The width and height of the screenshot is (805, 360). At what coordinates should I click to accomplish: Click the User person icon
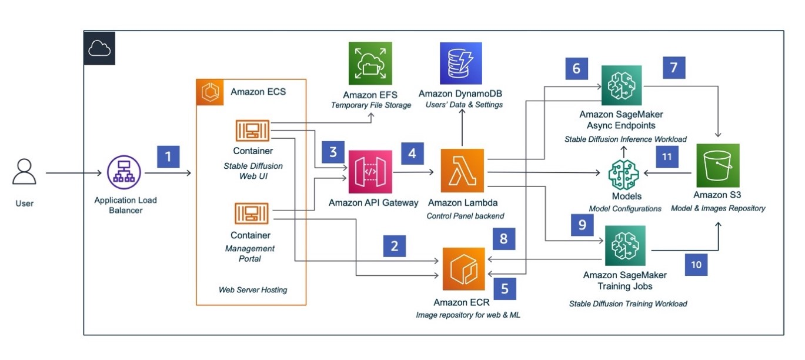click(x=24, y=172)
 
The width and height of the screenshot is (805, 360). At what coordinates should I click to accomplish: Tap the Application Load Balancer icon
click(x=124, y=172)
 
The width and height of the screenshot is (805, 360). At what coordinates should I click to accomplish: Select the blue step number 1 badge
click(x=168, y=156)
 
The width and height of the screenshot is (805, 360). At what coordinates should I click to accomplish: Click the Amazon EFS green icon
click(x=370, y=64)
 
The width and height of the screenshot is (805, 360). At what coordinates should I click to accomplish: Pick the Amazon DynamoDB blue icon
click(x=461, y=64)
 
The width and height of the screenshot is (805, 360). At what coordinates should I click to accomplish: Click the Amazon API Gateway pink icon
click(x=370, y=172)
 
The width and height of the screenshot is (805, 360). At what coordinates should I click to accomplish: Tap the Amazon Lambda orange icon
click(x=462, y=171)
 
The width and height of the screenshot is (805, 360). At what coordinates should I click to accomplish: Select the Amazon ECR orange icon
click(x=463, y=269)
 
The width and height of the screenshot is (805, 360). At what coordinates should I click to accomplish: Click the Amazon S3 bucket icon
click(x=717, y=165)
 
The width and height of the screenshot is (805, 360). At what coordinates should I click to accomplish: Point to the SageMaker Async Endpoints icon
click(x=622, y=85)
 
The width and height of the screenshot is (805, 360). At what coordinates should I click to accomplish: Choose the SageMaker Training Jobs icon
click(x=625, y=246)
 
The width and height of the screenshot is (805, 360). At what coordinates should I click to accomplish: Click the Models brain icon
click(x=623, y=175)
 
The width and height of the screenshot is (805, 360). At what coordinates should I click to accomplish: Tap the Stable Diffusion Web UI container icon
click(x=252, y=130)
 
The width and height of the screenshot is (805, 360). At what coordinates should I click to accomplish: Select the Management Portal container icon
click(x=252, y=214)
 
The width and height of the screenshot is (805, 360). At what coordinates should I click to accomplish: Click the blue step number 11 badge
click(x=667, y=156)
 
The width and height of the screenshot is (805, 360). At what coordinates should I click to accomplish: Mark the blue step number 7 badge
click(x=674, y=68)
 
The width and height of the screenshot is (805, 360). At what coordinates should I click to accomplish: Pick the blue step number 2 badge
click(x=394, y=246)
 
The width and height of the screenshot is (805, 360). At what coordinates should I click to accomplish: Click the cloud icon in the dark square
click(x=99, y=48)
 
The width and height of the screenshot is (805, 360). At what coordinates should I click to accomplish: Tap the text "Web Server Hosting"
click(x=253, y=290)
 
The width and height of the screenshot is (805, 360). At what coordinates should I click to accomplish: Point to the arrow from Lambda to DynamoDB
click(x=462, y=127)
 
